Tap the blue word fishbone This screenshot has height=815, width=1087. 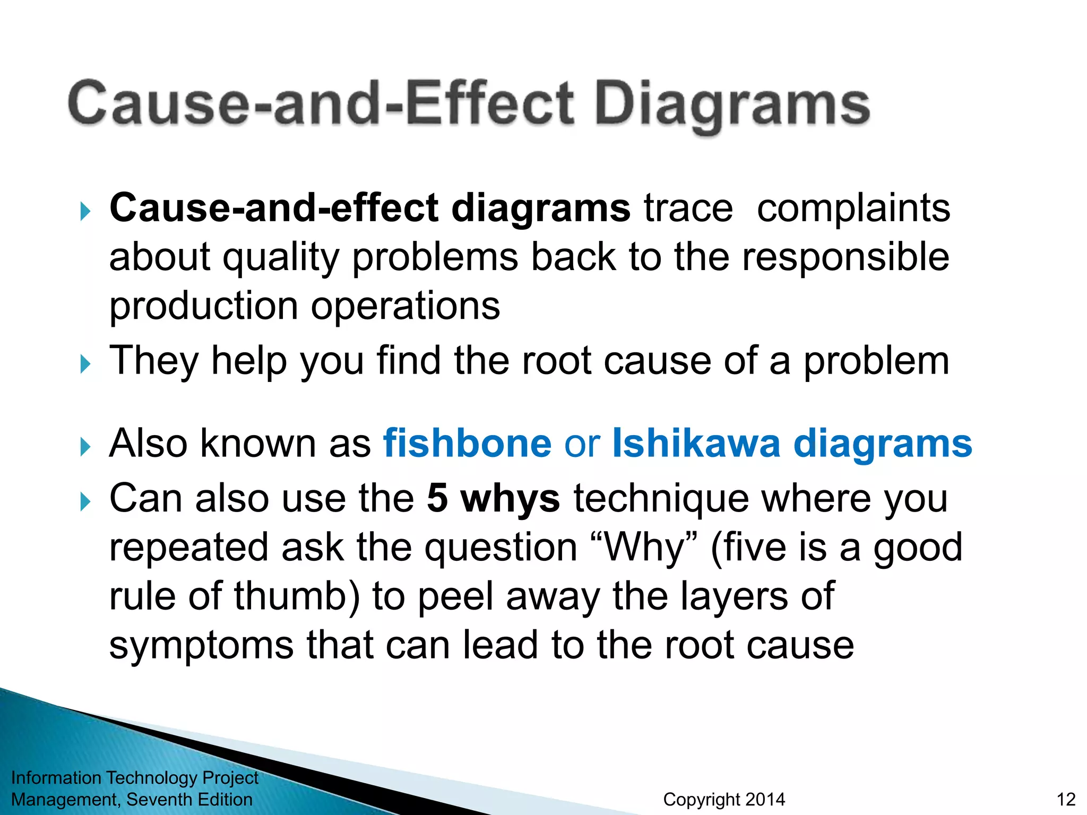pos(468,444)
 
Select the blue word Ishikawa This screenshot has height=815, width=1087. pos(696,444)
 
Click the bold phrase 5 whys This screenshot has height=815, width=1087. pos(493,499)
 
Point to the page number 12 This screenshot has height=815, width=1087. pos(1066,800)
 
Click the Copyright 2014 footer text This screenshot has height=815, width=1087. pos(724,800)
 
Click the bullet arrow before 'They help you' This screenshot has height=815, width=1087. pos(85,365)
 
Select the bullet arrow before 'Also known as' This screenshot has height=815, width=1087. pos(85,447)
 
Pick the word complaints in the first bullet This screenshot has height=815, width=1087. pos(853,209)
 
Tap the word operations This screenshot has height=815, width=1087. pos(405,307)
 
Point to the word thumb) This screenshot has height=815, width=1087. pos(297,596)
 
